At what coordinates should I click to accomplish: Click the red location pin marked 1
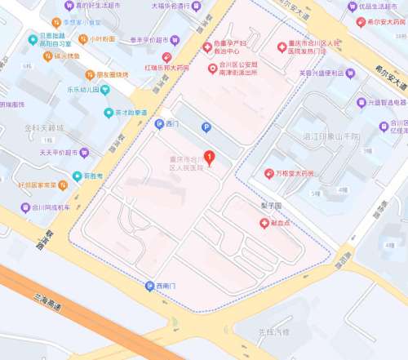(209, 157)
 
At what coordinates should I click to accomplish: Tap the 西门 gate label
(171, 125)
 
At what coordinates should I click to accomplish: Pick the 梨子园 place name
(271, 207)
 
